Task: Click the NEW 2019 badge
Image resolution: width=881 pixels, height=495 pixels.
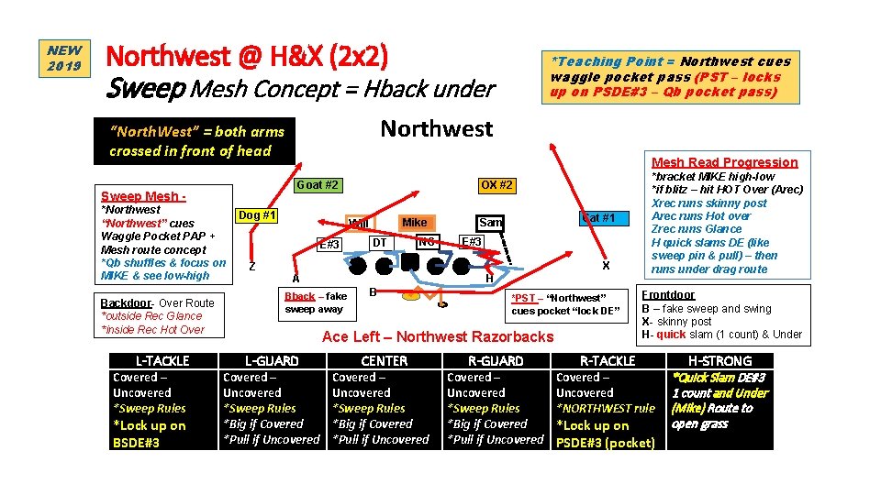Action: (x=64, y=59)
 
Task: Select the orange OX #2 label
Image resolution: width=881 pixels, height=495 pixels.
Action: (x=496, y=185)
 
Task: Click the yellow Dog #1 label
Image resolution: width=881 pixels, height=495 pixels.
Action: (x=257, y=215)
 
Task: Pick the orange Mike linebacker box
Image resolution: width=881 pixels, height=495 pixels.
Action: (x=414, y=222)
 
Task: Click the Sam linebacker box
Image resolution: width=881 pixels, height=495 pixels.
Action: (x=491, y=223)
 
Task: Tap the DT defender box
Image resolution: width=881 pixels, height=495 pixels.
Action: (x=378, y=242)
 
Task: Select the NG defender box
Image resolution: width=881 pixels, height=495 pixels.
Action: (x=425, y=242)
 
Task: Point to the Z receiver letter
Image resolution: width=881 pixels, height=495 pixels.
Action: (x=251, y=267)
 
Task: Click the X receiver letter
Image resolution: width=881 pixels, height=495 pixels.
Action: (x=606, y=265)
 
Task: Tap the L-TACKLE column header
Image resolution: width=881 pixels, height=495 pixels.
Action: (x=162, y=361)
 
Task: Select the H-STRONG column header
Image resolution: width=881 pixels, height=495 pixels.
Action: (x=719, y=361)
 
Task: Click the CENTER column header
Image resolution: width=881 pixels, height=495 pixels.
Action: (x=385, y=361)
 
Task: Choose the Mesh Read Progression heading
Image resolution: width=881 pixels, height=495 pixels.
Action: (x=724, y=162)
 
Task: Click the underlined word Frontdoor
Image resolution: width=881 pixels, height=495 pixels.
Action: (x=668, y=295)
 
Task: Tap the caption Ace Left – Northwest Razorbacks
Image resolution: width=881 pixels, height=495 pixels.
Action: (x=438, y=336)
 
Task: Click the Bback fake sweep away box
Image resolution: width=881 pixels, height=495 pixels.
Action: (x=316, y=303)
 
